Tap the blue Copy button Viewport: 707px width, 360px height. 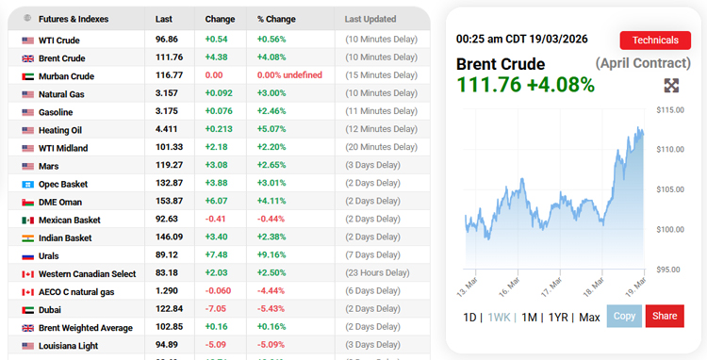624,317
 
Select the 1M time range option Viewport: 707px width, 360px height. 528,318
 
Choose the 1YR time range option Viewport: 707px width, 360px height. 558,318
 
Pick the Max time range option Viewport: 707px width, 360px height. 589,318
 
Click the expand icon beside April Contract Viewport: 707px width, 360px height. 671,86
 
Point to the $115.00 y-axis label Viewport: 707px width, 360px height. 669,110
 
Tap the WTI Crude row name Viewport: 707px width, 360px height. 58,41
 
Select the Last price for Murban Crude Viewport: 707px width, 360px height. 169,76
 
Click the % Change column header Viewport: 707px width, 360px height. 275,19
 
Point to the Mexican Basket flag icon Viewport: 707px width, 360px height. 27,220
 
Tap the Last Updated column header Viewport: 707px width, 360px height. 371,19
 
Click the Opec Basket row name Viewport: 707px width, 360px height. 63,184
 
